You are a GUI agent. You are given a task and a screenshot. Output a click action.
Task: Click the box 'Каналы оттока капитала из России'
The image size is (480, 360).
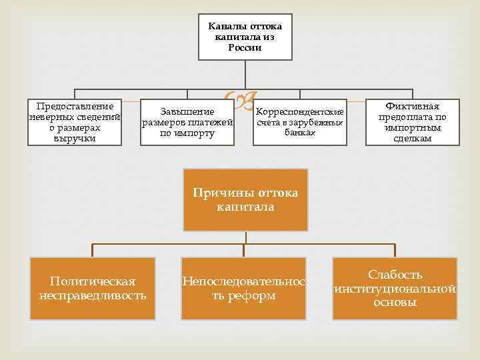[245, 37]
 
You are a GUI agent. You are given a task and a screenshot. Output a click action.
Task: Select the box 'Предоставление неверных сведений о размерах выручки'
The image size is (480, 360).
[75, 122]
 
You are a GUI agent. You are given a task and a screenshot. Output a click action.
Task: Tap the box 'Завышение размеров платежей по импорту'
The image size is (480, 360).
[187, 122]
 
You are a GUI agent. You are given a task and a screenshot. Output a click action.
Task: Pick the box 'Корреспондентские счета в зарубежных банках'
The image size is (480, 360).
[299, 122]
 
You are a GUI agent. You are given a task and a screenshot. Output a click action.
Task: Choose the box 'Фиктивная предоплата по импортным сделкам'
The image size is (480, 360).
[413, 122]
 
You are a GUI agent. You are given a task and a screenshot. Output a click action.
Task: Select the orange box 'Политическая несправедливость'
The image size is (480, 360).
[93, 287]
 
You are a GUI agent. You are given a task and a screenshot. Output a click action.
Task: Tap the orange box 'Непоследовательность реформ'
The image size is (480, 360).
[244, 287]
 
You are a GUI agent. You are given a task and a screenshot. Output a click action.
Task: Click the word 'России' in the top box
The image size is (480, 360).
[245, 48]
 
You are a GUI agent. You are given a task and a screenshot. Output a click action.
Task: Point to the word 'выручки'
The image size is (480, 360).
[75, 139]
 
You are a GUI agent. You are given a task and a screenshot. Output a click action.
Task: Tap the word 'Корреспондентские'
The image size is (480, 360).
[300, 111]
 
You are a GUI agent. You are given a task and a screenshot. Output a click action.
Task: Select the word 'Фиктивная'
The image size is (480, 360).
[413, 106]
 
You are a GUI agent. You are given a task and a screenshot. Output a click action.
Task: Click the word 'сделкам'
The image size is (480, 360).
[413, 139]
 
